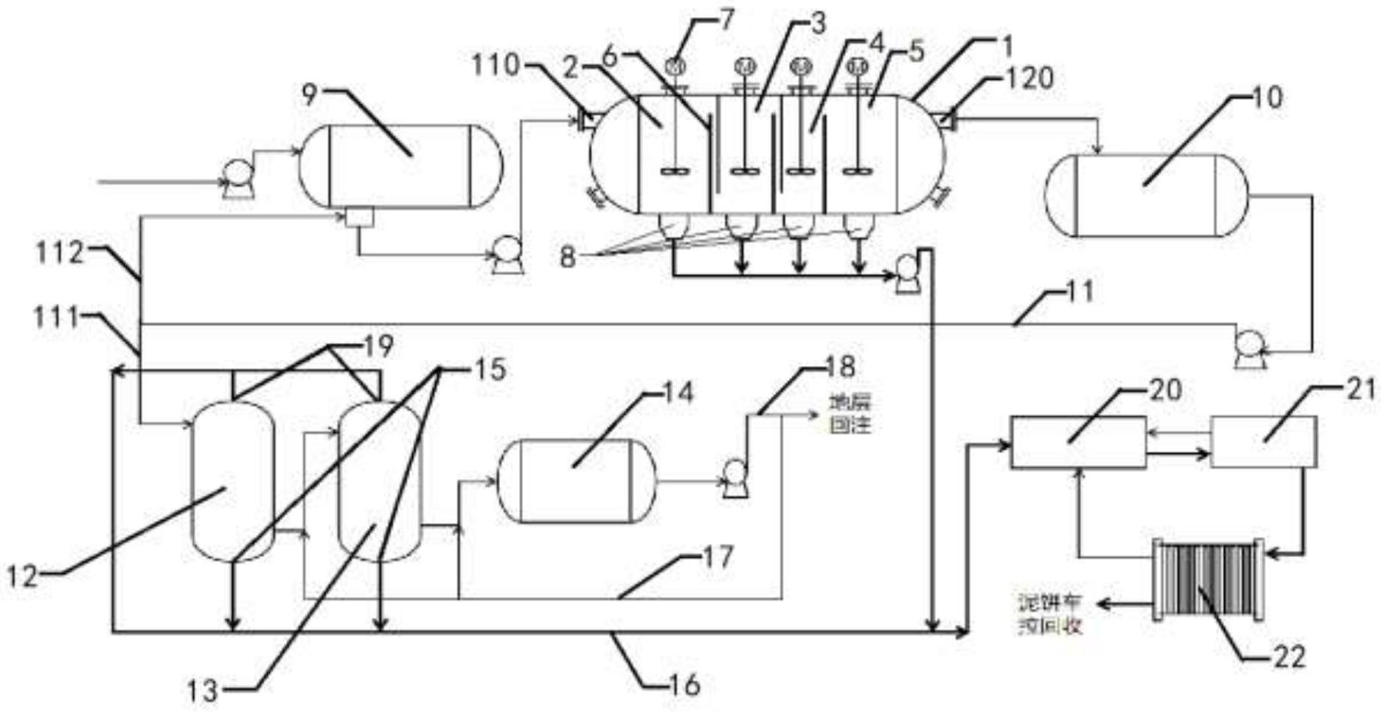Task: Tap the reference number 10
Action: (x=1267, y=97)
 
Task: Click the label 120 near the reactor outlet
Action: (x=1030, y=77)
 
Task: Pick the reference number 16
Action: (x=687, y=685)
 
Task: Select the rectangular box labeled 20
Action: (x=1077, y=442)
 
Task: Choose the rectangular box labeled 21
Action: (x=1263, y=441)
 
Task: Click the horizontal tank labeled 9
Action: (x=400, y=167)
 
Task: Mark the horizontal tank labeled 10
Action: (x=1147, y=196)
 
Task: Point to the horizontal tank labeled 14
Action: (x=577, y=481)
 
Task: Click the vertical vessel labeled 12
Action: (x=232, y=481)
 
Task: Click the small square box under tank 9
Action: (x=359, y=218)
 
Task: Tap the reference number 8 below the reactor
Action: (x=567, y=258)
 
